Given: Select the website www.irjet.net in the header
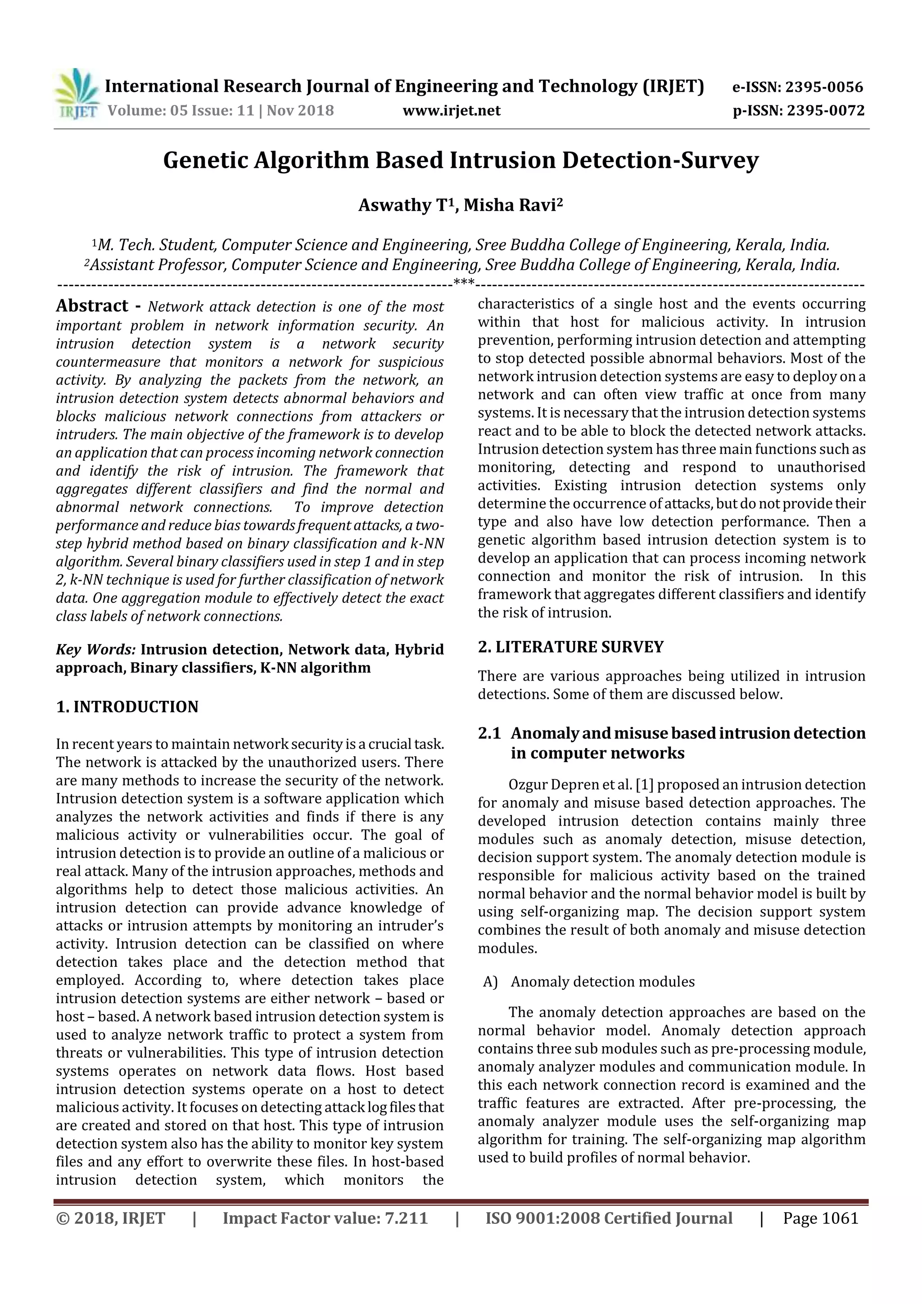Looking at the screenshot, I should [452, 110].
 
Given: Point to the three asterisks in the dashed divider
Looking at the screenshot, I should [464, 282].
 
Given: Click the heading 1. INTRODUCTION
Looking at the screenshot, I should [127, 707].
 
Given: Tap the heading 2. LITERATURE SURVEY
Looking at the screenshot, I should [570, 647].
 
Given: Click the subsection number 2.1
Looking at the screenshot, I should [489, 733].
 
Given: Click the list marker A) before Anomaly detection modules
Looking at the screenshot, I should [490, 982].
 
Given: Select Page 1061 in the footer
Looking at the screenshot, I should [820, 1218].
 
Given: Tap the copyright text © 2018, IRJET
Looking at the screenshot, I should [111, 1218].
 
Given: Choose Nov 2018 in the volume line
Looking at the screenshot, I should [300, 110].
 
